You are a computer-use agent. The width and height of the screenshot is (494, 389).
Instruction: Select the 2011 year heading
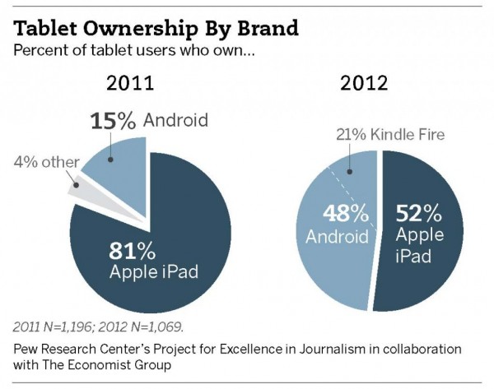(130, 86)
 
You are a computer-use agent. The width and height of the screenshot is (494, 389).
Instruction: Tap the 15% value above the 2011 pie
(113, 121)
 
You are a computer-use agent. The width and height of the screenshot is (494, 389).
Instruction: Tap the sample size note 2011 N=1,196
(54, 326)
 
